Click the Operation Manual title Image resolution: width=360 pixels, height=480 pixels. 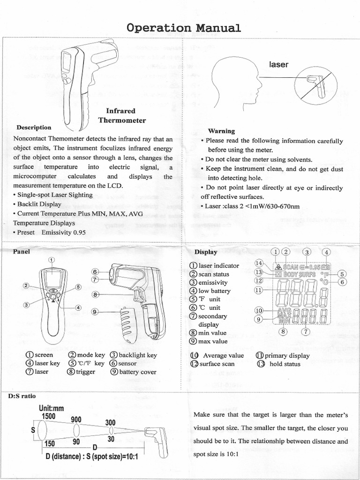(x=184, y=28)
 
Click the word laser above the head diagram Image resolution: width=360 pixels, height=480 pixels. (x=278, y=64)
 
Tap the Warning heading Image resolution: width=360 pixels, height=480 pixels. (x=221, y=131)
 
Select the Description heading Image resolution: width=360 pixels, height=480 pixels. (x=34, y=127)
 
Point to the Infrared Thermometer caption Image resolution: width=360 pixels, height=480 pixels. (x=122, y=116)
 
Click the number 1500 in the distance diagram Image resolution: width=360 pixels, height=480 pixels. (x=48, y=416)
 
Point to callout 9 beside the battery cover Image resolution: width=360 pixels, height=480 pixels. (x=94, y=311)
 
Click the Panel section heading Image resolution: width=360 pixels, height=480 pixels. (x=22, y=251)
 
